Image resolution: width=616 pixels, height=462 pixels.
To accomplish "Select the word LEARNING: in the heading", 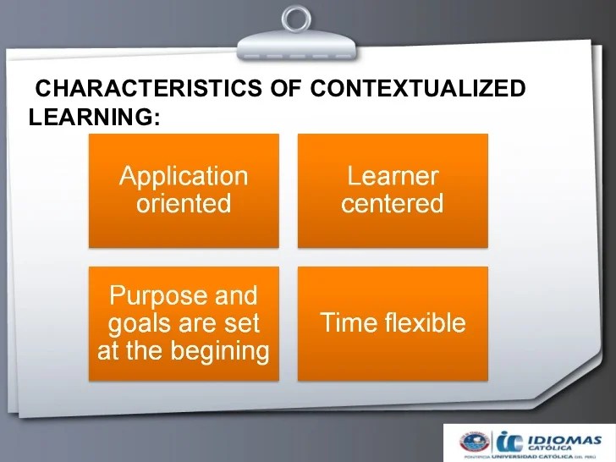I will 94,118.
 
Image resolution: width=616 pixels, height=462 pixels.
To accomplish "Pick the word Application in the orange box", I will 184,176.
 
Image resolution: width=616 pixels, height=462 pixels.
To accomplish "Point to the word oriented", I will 184,203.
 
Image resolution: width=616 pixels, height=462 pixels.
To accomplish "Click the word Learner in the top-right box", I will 393,176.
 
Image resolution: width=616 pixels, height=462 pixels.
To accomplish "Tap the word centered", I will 393,203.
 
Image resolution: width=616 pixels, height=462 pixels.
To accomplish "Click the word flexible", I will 426,322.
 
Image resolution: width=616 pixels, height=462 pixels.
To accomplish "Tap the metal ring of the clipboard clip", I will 297,19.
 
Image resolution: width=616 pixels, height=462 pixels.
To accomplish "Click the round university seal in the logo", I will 475,441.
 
